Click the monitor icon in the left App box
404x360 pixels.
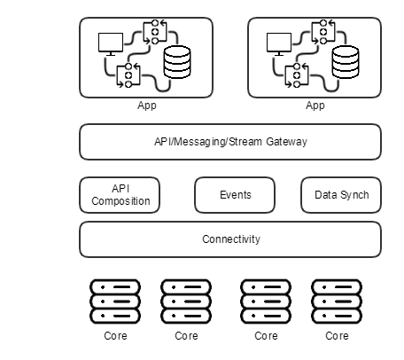[111, 43]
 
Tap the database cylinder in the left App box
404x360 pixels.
[177, 62]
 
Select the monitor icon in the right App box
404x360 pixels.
[279, 43]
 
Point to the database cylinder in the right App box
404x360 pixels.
[346, 62]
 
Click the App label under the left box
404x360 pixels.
[147, 106]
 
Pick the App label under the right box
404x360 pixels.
[315, 106]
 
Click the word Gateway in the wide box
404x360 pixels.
[286, 142]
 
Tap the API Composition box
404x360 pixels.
[120, 195]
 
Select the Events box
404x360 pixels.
[235, 195]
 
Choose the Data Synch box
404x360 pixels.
[341, 195]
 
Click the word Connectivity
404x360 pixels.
[231, 239]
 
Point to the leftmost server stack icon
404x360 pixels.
[115, 301]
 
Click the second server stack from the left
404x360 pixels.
[186, 301]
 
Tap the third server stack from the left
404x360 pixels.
[266, 301]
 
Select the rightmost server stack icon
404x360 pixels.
[337, 301]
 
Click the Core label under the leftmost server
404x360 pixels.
[115, 336]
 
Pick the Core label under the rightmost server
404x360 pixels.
[337, 336]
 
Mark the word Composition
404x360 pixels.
[120, 201]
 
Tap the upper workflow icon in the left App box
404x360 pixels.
[155, 32]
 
